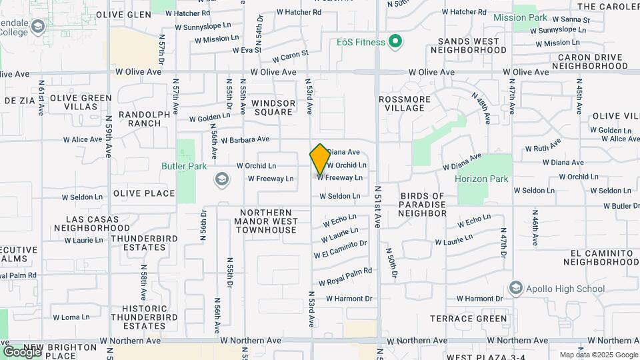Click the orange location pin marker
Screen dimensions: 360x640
pyautogui.click(x=320, y=159)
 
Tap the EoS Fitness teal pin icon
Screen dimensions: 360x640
pyautogui.click(x=395, y=43)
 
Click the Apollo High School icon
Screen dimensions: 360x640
pyautogui.click(x=515, y=289)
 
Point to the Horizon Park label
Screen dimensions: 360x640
pyautogui.click(x=481, y=179)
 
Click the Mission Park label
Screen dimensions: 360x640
pyautogui.click(x=520, y=17)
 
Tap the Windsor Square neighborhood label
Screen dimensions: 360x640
pyautogui.click(x=273, y=107)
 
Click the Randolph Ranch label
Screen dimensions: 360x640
pyautogui.click(x=145, y=119)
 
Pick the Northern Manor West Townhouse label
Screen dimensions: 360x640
pyautogui.click(x=265, y=221)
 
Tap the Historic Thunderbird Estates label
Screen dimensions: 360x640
pyautogui.click(x=144, y=317)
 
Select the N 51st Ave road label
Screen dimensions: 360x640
pyautogui.click(x=377, y=207)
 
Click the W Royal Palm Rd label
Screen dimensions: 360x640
pyautogui.click(x=345, y=277)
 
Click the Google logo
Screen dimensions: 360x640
pyautogui.click(x=22, y=351)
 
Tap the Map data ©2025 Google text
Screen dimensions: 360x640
pyautogui.click(x=598, y=355)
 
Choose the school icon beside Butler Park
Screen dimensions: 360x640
pyautogui.click(x=221, y=179)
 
